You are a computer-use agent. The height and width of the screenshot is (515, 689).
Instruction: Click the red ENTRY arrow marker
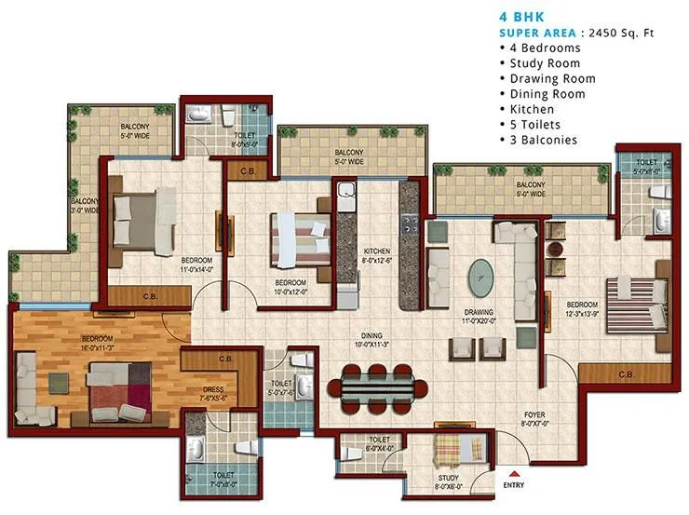pos(512,473)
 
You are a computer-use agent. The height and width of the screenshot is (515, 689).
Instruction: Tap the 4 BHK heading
pos(520,16)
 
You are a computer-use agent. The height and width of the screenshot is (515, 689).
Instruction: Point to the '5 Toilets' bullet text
pos(538,125)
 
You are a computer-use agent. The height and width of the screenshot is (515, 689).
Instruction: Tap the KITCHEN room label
pos(351,251)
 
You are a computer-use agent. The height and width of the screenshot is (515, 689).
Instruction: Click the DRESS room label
pos(213,390)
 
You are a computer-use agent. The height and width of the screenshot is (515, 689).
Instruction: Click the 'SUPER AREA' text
pos(534,33)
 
